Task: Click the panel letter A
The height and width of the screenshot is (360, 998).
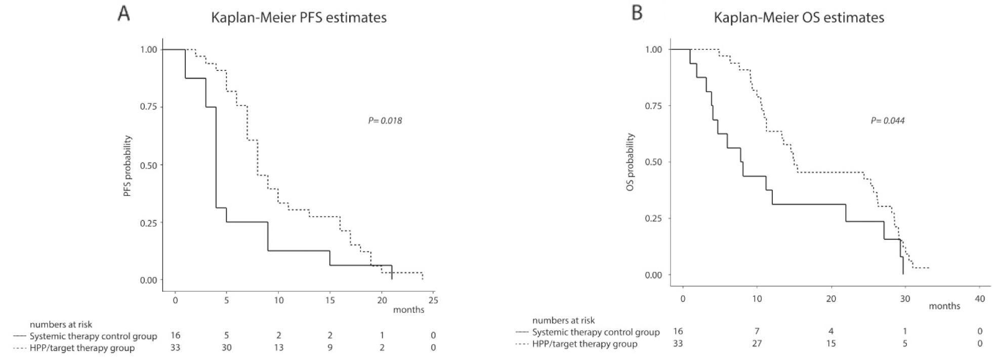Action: pos(123,14)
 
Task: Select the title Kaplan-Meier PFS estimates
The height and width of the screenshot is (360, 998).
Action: pos(299,18)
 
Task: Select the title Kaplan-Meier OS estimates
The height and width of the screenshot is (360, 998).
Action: pos(799,18)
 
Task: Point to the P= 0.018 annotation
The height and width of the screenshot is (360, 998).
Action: pos(385,121)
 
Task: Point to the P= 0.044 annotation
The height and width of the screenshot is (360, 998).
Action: pos(887,121)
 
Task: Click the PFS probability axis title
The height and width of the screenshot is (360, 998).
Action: pos(128,166)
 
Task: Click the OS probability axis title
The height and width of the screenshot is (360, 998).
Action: pos(630,162)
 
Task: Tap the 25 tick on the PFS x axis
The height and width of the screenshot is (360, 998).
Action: pos(433,300)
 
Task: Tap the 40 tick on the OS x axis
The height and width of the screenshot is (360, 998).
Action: pos(979,299)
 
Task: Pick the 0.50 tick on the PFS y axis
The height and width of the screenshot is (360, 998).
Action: pos(149,165)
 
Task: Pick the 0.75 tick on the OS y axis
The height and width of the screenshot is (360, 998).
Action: pos(653,106)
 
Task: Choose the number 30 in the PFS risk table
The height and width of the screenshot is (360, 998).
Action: pos(226,347)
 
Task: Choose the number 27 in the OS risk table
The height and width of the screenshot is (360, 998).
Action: pos(757,343)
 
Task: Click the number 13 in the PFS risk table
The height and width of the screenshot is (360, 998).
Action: pos(278,347)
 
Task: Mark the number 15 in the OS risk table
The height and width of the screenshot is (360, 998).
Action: pos(830,343)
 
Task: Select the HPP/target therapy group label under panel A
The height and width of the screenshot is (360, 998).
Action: pos(82,348)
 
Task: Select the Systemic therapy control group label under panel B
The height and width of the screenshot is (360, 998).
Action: pos(596,332)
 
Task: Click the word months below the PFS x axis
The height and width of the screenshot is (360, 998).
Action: pos(408,309)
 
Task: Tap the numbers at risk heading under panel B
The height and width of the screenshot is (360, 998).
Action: pos(563,320)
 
